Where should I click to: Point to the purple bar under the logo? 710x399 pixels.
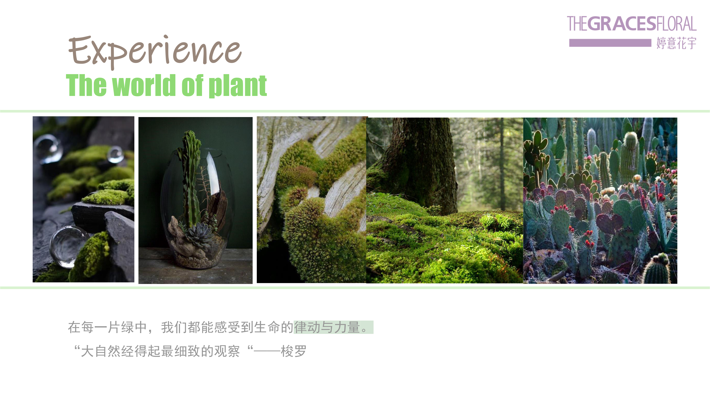610,43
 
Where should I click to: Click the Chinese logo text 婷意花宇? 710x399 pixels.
676,43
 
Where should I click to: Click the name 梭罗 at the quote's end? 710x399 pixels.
294,351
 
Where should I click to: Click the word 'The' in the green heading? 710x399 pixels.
86,85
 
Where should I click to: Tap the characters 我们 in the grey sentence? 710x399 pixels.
174,327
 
